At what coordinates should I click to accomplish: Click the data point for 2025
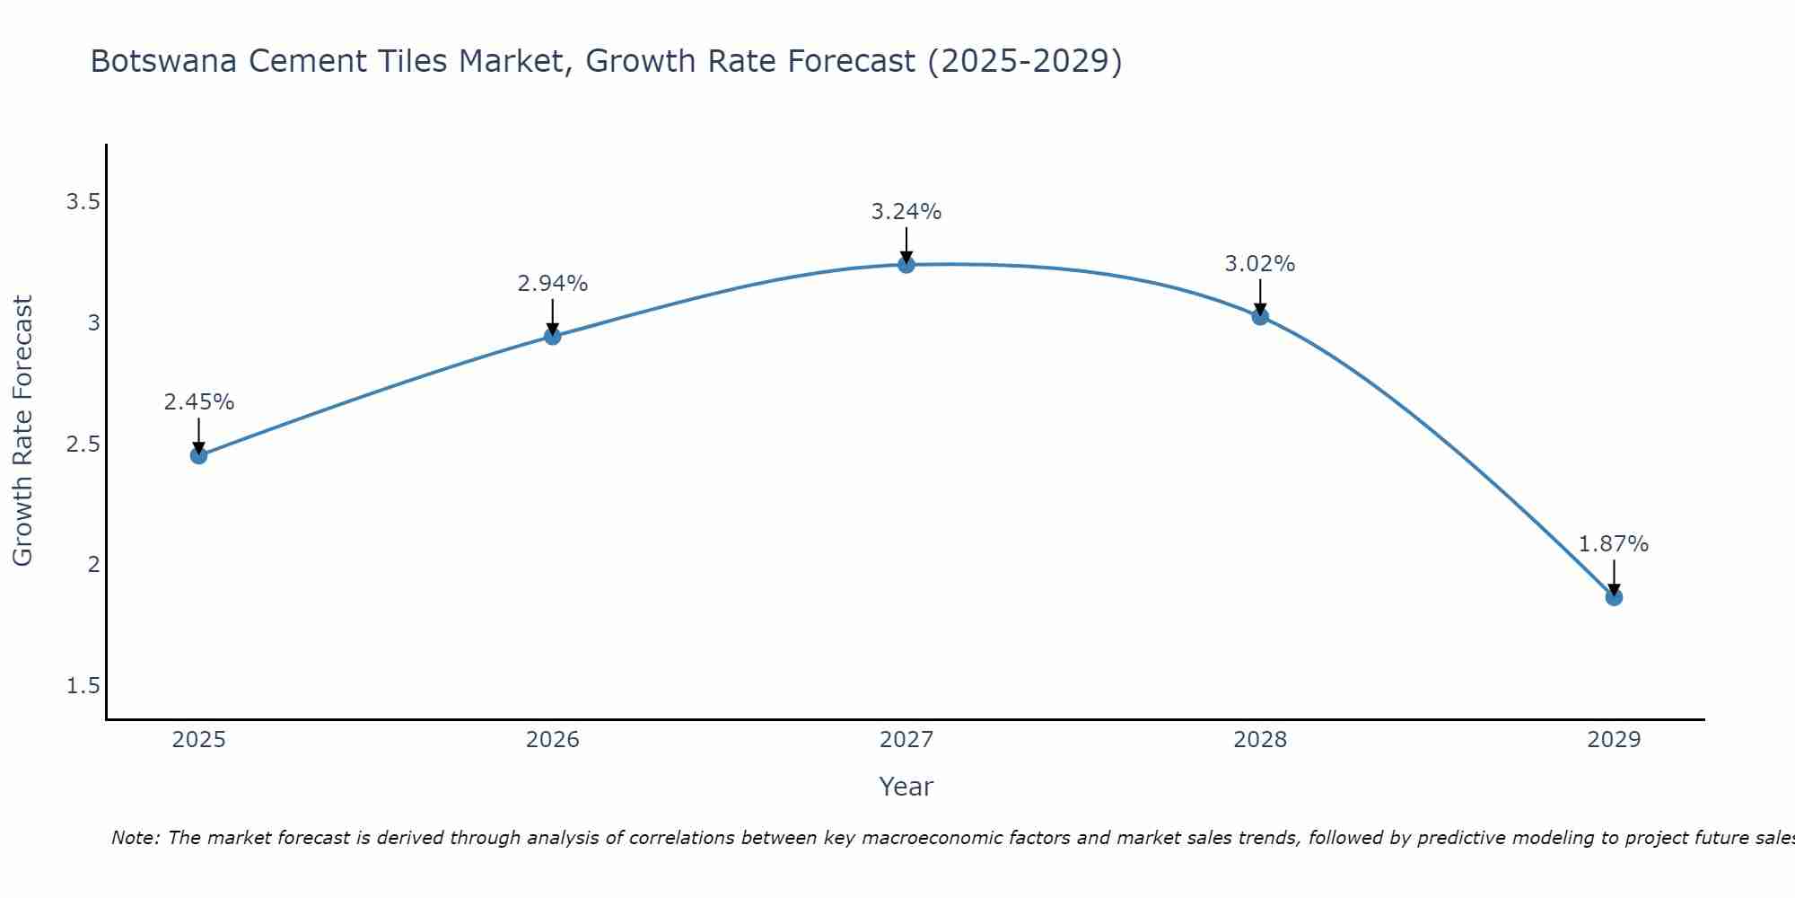click(199, 455)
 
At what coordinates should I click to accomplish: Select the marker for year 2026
click(553, 336)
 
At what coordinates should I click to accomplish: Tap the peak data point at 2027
click(906, 264)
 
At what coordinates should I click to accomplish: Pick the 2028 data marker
click(1260, 316)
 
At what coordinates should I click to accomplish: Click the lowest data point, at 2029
click(1614, 597)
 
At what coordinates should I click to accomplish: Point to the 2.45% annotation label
click(199, 402)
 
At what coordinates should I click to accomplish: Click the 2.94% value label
click(553, 284)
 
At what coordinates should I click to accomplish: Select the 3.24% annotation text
click(906, 212)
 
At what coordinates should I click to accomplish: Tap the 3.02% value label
click(1260, 264)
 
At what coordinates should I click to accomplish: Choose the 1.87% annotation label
click(1614, 544)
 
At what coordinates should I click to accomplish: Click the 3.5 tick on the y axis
click(83, 202)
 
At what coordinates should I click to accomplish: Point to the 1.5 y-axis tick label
click(83, 686)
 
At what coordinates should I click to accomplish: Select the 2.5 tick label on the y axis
click(83, 445)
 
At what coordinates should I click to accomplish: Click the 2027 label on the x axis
click(906, 740)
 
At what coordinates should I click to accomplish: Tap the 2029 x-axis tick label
click(1614, 740)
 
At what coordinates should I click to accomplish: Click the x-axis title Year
click(906, 787)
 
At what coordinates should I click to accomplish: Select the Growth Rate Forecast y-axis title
click(22, 431)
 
